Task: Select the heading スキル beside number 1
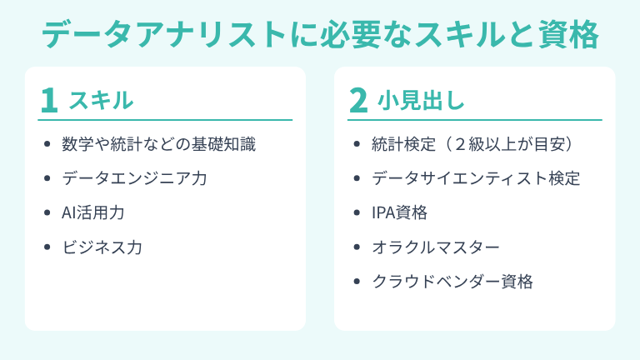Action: pos(100,100)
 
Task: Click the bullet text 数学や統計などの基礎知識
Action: pos(158,143)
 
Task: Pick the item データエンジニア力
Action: pos(134,177)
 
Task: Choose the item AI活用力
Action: pos(93,212)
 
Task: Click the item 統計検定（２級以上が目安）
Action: pos(472,143)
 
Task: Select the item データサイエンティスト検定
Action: pos(476,177)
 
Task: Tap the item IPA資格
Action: pos(400,212)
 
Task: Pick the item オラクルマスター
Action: pos(436,247)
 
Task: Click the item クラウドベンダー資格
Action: pos(452,281)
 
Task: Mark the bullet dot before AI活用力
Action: pos(47,212)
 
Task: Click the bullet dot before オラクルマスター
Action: pos(357,247)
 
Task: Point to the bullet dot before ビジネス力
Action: pos(47,247)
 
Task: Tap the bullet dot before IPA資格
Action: pos(357,212)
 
